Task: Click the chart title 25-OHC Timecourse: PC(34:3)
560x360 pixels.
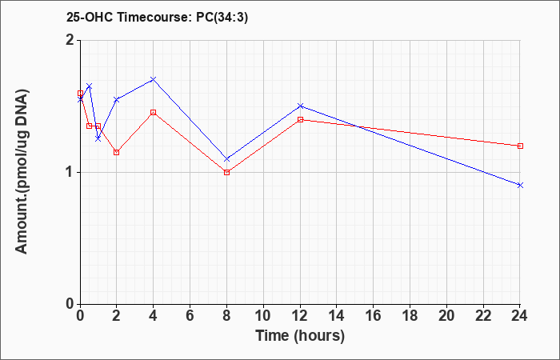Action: [157, 18]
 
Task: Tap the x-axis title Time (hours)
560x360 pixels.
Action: [300, 336]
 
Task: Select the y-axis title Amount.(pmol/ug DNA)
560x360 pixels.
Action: [22, 172]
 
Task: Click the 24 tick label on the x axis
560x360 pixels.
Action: [520, 316]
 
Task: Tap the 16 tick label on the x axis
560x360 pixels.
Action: [374, 316]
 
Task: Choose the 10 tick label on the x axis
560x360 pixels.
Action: [263, 316]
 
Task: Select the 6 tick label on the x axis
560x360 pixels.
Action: [190, 316]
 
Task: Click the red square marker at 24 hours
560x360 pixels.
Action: [520, 146]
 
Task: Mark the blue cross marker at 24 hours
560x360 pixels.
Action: [520, 185]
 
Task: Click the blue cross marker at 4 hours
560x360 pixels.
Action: [153, 79]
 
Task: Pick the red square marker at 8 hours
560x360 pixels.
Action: [226, 173]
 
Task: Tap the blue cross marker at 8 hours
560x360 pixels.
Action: [226, 159]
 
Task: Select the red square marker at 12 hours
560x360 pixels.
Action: [300, 120]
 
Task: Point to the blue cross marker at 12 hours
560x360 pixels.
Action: [300, 106]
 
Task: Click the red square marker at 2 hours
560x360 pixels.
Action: [117, 152]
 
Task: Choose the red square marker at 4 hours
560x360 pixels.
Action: [153, 113]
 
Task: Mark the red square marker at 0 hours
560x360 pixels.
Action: [80, 94]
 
